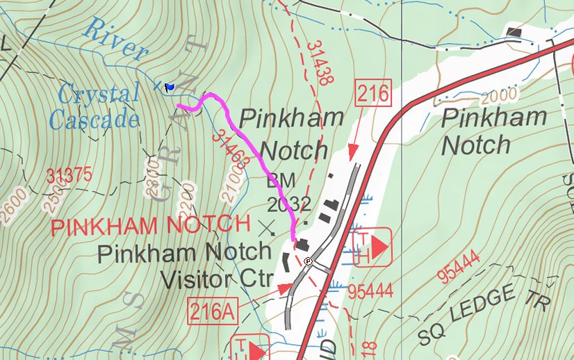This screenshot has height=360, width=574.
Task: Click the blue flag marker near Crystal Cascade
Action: pos(170,87)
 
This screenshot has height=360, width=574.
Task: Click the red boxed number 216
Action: pos(372,92)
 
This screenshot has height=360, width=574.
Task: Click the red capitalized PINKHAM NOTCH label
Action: pos(149,224)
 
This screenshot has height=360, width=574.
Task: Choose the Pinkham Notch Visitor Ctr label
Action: pos(184,265)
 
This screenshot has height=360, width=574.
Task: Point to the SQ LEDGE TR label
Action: pos(484,315)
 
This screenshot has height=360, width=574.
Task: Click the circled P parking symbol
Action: pos(308,261)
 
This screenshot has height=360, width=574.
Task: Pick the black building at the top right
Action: pos(516,33)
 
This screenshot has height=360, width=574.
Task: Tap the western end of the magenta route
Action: pos(179,106)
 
